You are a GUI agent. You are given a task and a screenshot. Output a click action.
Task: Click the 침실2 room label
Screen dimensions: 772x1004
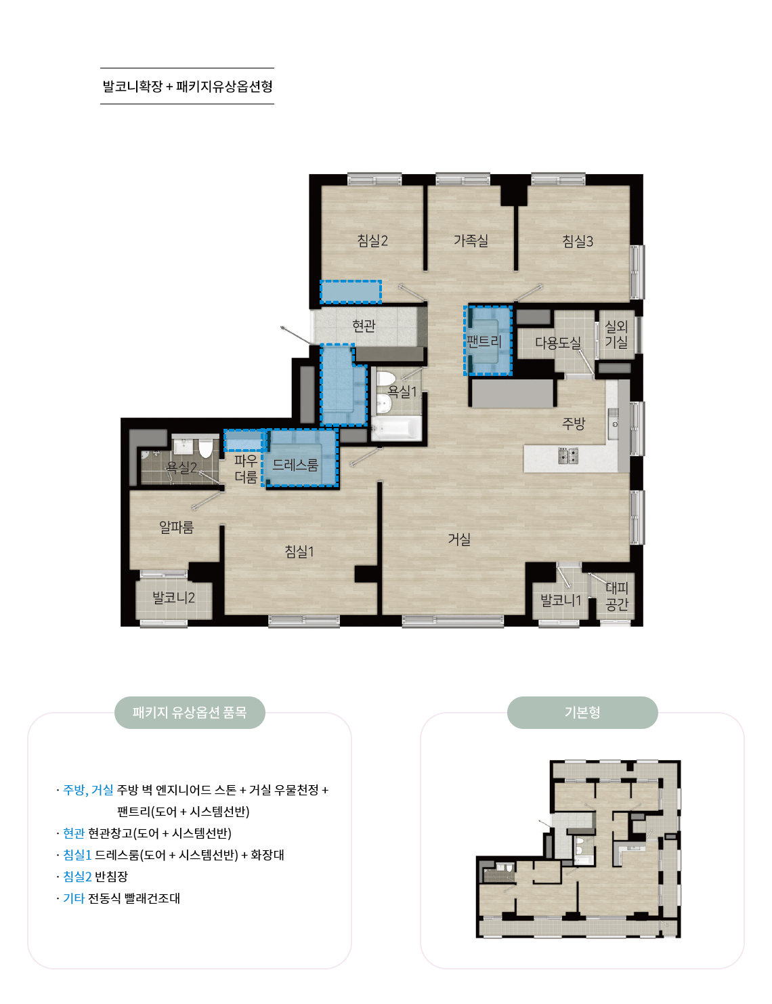372,240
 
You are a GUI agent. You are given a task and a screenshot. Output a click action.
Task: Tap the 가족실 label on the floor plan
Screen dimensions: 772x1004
470,240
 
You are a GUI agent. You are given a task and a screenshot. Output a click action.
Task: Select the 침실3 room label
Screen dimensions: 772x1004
577,240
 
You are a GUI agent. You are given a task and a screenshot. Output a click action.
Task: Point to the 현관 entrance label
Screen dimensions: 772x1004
364,326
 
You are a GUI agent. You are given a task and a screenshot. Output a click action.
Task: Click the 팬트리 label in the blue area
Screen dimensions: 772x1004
484,341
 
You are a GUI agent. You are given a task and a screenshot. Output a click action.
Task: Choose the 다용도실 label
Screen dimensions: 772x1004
558,342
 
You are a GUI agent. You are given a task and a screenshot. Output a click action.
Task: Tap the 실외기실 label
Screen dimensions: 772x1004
616,334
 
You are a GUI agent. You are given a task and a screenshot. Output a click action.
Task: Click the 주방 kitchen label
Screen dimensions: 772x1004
573,423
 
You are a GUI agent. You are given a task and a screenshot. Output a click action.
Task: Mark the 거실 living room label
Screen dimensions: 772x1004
459,539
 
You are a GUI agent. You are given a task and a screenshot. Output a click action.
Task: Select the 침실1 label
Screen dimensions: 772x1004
299,551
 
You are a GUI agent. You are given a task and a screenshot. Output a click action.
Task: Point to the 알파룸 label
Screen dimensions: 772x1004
176,526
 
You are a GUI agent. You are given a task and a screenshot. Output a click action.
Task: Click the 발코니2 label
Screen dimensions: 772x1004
173,598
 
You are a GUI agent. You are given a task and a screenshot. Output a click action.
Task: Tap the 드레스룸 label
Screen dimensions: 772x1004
295,465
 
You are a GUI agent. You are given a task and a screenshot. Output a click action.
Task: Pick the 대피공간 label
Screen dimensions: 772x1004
617,595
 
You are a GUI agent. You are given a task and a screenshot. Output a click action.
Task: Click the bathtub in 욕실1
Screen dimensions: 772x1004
396,427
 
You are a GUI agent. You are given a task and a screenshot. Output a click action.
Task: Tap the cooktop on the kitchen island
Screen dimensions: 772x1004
568,455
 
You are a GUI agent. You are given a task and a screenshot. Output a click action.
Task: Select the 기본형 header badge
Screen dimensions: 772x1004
582,713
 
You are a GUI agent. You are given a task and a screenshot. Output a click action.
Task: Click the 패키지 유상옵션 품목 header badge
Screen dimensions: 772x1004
190,713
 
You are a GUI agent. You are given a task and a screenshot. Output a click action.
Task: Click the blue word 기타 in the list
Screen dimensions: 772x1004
74,898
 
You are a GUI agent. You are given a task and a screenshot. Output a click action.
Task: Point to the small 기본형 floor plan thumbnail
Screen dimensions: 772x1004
578,849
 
